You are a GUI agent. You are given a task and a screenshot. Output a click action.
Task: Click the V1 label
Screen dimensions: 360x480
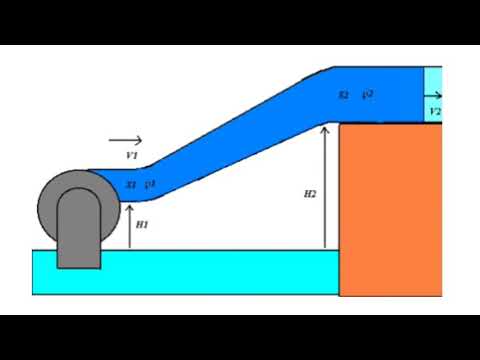(131, 156)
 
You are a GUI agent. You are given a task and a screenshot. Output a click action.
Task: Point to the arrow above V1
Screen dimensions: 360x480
(126, 141)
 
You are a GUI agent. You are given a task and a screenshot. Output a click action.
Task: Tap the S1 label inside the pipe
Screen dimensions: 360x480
(131, 185)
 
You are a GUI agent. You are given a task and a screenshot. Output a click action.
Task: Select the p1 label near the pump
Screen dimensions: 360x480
(150, 184)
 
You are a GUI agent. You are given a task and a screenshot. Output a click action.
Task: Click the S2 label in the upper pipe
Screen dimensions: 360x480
(343, 96)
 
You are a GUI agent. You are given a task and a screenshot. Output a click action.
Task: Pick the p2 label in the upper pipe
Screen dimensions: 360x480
(368, 94)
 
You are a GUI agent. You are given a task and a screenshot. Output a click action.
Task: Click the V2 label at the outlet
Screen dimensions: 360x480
(434, 112)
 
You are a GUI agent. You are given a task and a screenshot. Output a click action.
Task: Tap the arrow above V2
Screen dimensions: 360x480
(434, 99)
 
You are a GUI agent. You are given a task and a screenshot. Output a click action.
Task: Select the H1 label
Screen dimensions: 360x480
(142, 225)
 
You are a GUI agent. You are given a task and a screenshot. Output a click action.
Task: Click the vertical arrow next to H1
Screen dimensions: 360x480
(130, 226)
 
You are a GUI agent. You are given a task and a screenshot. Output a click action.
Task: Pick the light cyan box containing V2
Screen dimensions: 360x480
(433, 94)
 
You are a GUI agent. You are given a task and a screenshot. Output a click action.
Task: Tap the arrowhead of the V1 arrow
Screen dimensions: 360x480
(140, 141)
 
